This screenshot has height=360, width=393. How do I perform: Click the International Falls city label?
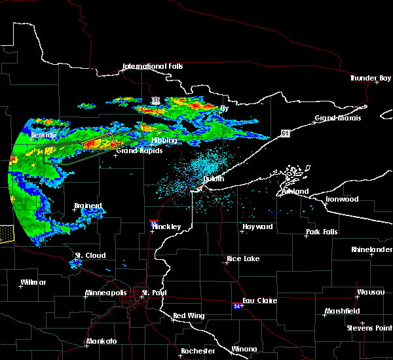pos(153,66)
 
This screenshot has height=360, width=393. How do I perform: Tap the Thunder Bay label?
pos(370,78)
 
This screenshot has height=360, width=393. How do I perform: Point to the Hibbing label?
pos(164,141)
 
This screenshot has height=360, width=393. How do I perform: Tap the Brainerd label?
pos(88,206)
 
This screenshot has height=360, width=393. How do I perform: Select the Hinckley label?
pos(166,226)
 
